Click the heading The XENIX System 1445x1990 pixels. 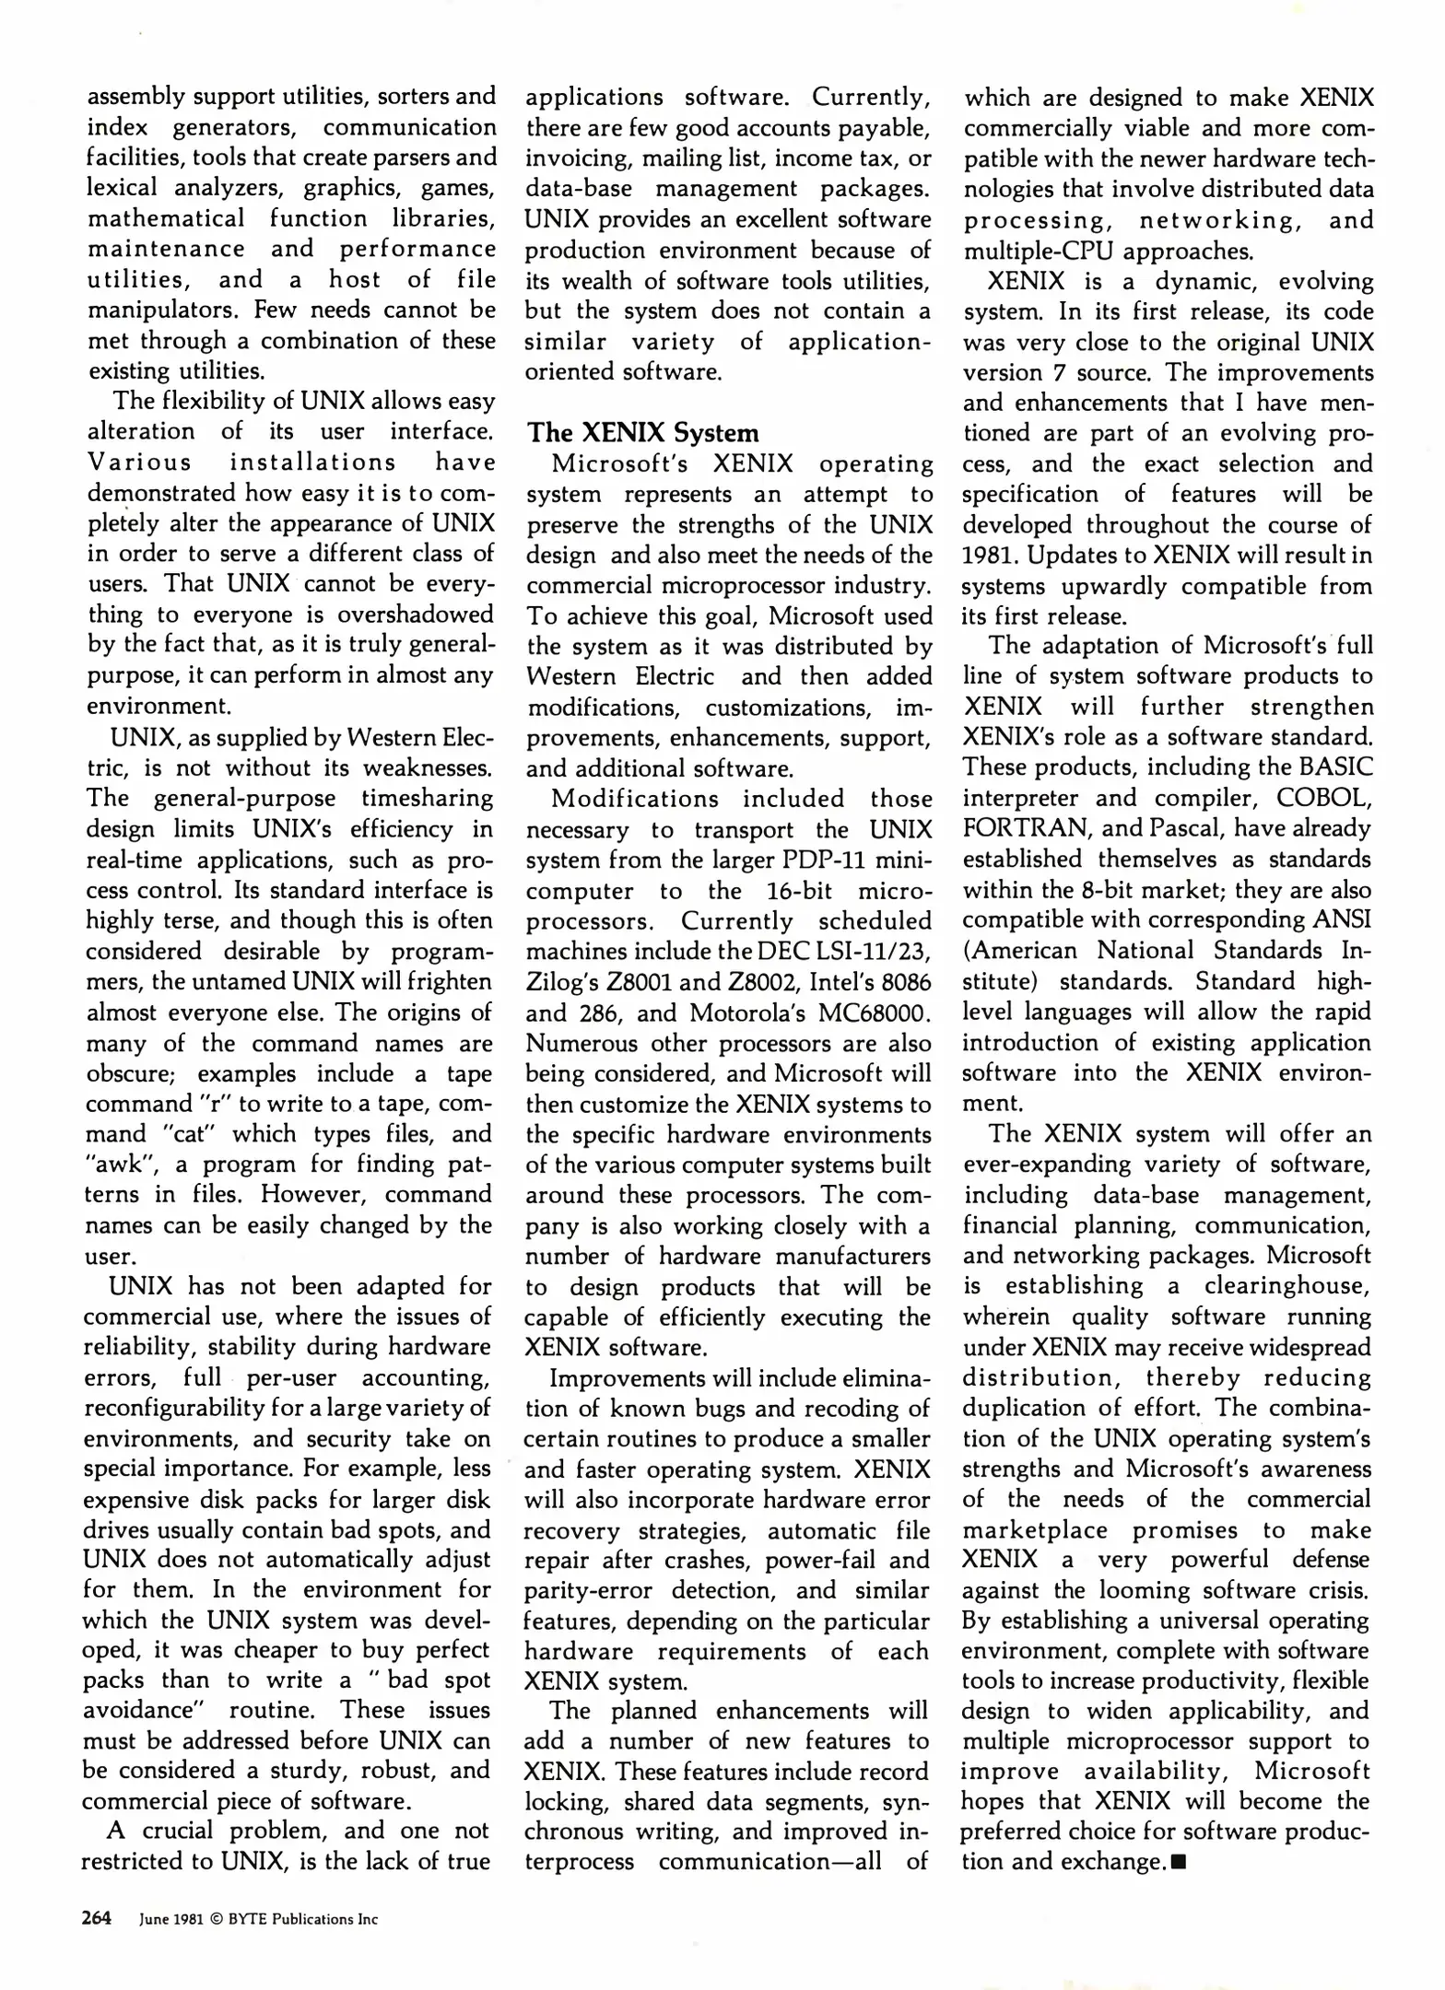point(642,433)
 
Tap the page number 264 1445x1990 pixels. point(97,1918)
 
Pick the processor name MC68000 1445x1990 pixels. point(870,1013)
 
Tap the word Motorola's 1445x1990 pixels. point(754,1013)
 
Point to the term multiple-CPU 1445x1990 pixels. point(1038,251)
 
